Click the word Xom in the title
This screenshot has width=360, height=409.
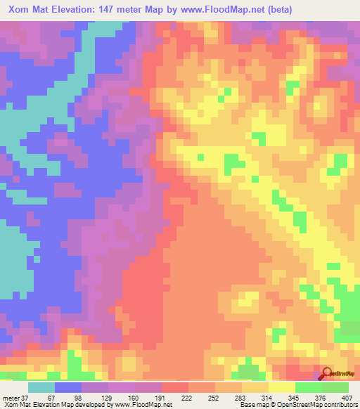[x=20, y=9]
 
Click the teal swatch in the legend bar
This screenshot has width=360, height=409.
[x=41, y=388]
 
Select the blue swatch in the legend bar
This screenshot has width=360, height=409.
[x=68, y=388]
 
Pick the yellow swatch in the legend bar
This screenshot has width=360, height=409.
[x=281, y=388]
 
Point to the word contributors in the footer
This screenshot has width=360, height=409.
[x=336, y=404]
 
